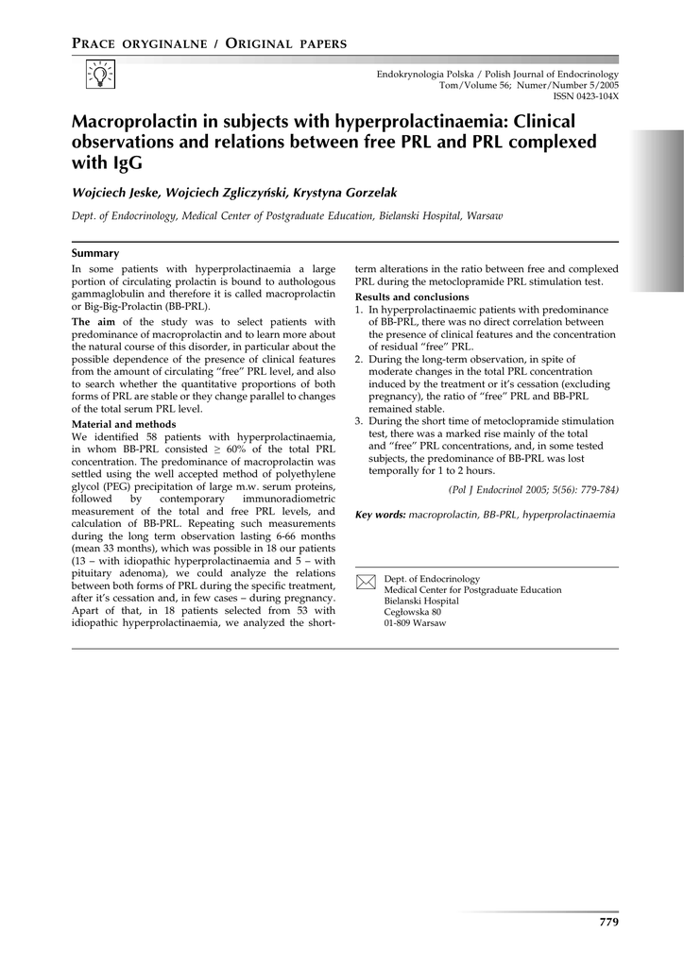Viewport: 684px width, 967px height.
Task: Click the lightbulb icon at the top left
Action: point(99,73)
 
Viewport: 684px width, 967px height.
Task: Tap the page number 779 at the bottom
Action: point(608,922)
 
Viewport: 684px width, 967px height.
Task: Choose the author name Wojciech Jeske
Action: point(115,193)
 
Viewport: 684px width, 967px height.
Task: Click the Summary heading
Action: point(95,253)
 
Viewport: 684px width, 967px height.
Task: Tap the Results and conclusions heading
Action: point(412,297)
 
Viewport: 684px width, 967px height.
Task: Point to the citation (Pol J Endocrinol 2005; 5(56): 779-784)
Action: point(533,491)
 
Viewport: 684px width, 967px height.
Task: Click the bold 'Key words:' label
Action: point(380,515)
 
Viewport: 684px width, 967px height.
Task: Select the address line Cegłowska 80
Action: point(412,612)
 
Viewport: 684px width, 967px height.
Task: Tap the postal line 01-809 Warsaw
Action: point(416,623)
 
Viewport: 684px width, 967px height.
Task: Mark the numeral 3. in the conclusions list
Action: point(359,421)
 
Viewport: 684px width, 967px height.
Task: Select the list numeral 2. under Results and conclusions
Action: point(359,359)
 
